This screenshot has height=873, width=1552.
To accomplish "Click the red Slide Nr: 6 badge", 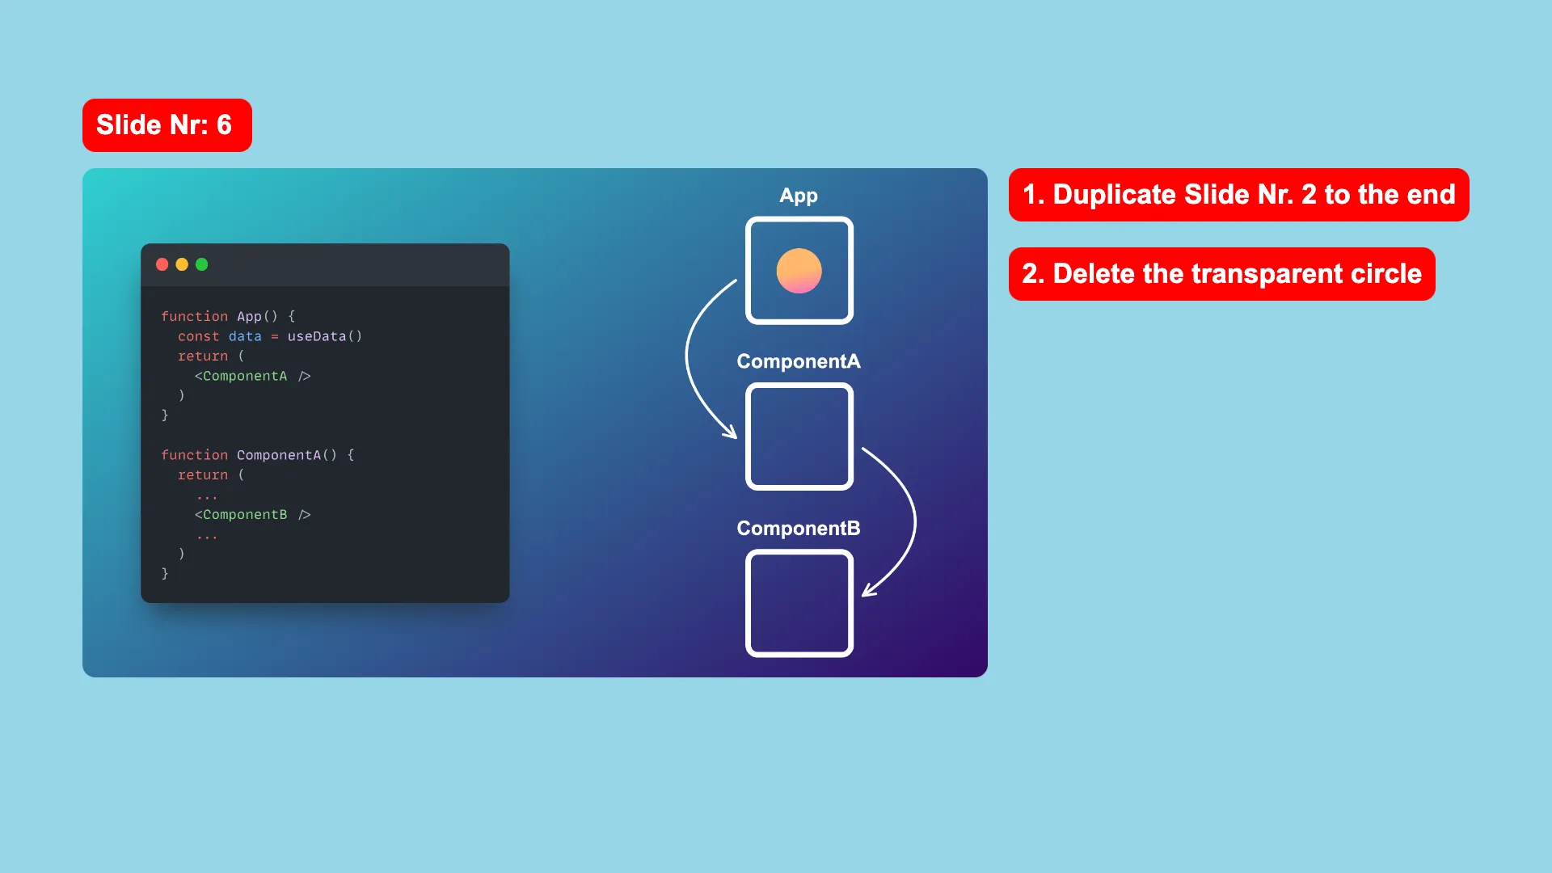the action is click(x=167, y=125).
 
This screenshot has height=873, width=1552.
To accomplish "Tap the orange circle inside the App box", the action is click(x=799, y=271).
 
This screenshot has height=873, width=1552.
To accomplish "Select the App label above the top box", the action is click(x=799, y=196).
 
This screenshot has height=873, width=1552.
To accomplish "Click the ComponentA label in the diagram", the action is click(x=799, y=361).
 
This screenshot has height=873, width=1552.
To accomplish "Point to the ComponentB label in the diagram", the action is click(x=799, y=528).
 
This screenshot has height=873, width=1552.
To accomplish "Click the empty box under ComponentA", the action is click(x=748, y=436).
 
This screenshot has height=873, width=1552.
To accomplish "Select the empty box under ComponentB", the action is click(x=748, y=603).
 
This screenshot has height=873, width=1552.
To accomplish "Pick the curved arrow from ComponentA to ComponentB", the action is click(x=914, y=521).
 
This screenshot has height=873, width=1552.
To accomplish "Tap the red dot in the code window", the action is click(x=162, y=264).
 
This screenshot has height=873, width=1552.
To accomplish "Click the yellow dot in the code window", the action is click(x=182, y=264).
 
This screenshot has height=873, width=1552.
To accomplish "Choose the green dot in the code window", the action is click(x=202, y=264).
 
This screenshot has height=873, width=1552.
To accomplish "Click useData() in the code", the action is click(x=325, y=336).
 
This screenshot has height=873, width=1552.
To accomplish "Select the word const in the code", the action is click(x=198, y=336).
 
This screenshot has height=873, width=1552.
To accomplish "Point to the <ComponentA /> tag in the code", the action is click(x=252, y=376).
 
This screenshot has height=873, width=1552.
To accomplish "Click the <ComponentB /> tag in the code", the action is click(x=252, y=515).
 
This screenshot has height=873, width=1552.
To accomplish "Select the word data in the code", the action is click(x=245, y=336).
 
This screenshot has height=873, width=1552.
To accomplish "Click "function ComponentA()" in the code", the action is click(x=249, y=455).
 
